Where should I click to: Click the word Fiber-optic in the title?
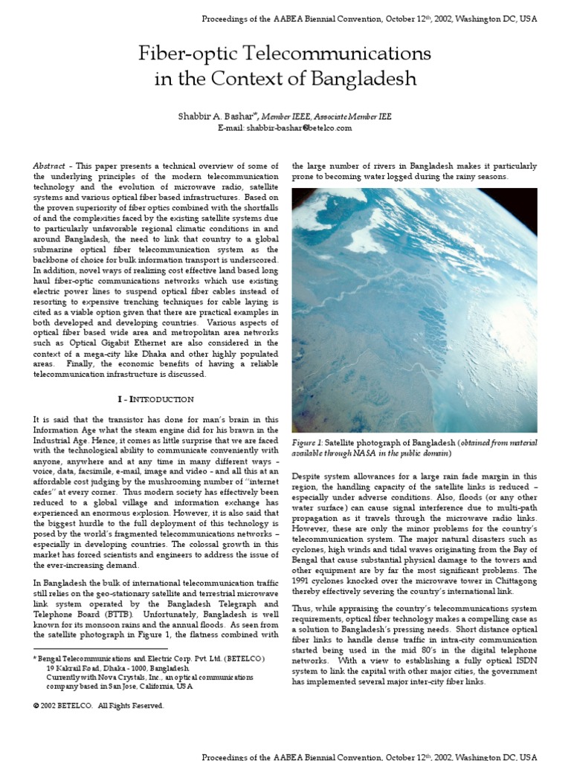(185, 54)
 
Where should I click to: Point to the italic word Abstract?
(48, 166)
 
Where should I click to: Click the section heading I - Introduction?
(155, 399)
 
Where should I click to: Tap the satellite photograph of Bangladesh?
(414, 310)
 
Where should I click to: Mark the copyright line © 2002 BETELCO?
(98, 706)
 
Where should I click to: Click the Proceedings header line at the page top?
(370, 17)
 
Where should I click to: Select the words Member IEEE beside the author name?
(295, 117)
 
